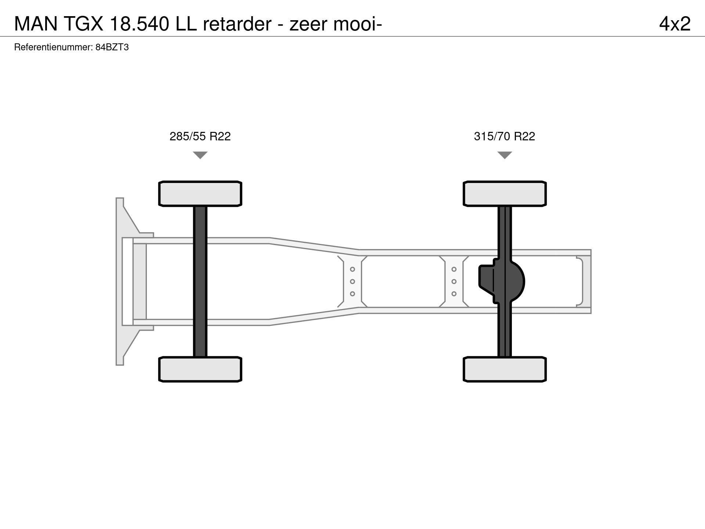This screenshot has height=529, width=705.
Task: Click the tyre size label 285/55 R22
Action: point(200,136)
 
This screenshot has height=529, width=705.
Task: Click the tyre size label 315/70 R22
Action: point(505,136)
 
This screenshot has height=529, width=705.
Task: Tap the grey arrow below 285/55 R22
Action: point(200,155)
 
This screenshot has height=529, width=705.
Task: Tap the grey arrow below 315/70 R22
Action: point(505,155)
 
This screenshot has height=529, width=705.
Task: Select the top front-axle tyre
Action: point(200,194)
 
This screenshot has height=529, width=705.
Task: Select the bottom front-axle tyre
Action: point(200,369)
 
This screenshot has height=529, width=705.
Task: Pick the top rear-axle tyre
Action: point(505,194)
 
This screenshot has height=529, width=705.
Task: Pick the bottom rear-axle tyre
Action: point(505,369)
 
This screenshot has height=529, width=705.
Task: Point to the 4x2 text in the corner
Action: point(675,24)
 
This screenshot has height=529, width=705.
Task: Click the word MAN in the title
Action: point(36,24)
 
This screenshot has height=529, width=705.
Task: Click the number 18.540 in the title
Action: point(139,24)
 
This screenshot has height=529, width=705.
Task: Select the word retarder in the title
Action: point(237,24)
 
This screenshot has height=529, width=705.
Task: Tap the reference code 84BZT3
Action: point(112,47)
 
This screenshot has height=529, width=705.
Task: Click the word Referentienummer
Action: point(53,47)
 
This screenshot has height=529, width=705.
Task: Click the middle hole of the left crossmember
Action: point(352,281)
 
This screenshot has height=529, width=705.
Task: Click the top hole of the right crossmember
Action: point(454,269)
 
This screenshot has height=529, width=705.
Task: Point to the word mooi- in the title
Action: point(358,24)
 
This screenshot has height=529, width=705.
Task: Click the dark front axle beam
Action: point(200,281)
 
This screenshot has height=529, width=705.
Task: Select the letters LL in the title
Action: point(186,24)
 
